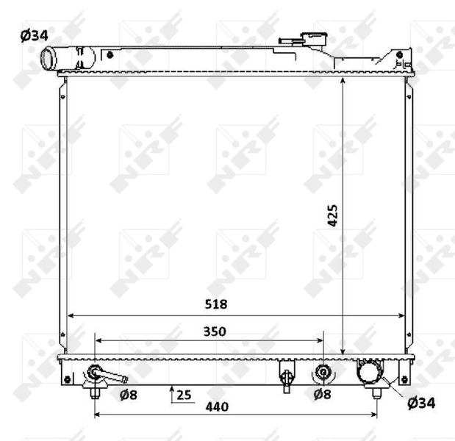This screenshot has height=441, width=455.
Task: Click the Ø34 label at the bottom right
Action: [421, 402]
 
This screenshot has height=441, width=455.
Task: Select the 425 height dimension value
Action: [333, 214]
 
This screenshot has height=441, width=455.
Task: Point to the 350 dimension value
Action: [214, 331]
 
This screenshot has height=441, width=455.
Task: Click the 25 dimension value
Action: [184, 395]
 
